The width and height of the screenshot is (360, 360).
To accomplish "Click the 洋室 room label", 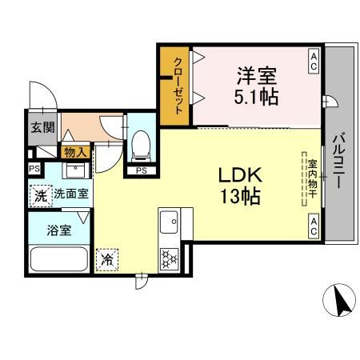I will [x=256, y=78].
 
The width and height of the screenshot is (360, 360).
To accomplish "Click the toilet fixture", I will [x=141, y=145].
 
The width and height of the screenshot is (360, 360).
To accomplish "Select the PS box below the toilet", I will [x=141, y=170].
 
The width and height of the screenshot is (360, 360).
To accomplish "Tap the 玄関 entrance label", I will [x=42, y=126].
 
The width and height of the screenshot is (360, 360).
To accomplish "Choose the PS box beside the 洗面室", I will [x=34, y=169].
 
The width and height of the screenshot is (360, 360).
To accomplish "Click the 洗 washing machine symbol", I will [x=40, y=194].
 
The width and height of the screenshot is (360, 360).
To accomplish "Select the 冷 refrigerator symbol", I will [x=107, y=258].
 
